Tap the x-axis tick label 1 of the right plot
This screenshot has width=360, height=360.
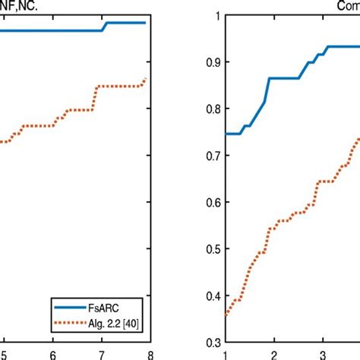(x=224, y=354)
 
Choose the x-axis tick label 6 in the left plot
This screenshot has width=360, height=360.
(x=52, y=354)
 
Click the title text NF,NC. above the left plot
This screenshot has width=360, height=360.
(x=17, y=6)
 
